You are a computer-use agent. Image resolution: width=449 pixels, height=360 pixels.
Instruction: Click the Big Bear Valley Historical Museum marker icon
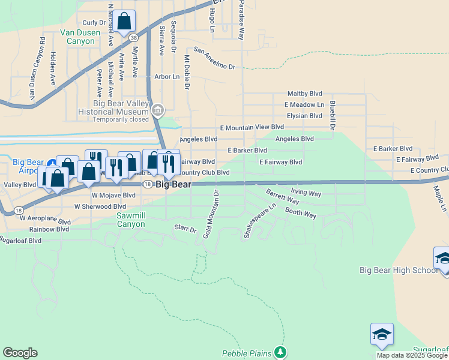158,110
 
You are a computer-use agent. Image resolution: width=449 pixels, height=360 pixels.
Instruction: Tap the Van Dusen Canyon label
77,37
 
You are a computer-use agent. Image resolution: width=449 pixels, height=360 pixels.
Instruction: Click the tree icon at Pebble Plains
280,352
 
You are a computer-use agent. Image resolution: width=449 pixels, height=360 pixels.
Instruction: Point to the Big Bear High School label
399,270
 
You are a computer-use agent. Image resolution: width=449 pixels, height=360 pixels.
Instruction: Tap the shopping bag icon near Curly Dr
124,22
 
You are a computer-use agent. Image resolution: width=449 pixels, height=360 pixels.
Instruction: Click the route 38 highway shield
133,37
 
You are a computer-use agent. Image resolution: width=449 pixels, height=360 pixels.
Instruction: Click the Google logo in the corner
20,353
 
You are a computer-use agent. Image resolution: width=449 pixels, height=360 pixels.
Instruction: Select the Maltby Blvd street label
304,94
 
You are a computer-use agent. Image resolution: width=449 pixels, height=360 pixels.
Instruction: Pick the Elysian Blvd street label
304,116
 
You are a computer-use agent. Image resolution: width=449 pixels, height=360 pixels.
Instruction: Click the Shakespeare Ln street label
259,221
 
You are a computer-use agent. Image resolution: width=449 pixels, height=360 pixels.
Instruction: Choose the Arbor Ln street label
167,77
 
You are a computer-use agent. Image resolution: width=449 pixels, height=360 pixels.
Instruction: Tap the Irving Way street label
306,193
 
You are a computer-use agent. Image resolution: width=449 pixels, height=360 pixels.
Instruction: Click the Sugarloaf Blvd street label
20,240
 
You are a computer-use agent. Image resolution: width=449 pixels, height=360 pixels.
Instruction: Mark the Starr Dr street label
185,229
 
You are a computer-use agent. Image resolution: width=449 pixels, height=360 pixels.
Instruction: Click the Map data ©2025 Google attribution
412,355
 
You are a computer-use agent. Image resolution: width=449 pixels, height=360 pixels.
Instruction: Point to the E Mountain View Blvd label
252,127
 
